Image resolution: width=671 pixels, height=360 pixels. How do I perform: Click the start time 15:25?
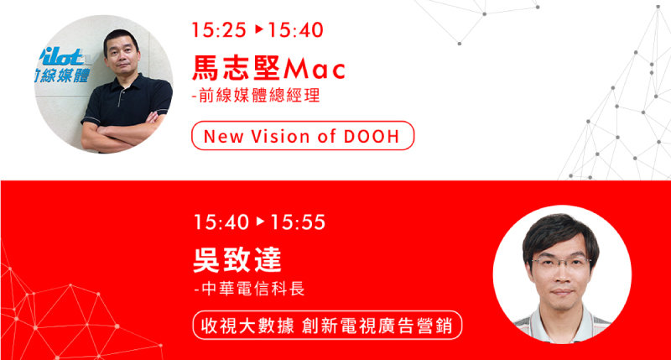[219, 30]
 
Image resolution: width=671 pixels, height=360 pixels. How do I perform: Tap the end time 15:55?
[298, 222]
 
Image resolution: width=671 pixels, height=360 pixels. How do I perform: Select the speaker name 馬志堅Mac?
[268, 69]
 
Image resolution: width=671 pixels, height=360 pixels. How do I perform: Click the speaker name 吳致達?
[237, 260]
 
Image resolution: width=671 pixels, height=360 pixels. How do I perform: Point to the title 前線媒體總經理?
[256, 96]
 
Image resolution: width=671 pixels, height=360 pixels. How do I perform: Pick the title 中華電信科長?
[249, 289]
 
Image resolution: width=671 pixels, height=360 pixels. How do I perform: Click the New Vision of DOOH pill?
[303, 136]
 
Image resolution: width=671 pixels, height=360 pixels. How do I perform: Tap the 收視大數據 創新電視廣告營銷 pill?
[327, 326]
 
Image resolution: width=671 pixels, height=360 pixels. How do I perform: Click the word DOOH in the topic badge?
[372, 137]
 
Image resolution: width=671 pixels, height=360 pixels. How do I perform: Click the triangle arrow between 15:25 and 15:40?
[259, 29]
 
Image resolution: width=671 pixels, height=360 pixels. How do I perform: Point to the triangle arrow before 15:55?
[260, 222]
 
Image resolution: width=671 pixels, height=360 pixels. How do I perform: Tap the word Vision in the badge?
[280, 137]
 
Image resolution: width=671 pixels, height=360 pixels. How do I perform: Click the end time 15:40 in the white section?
[295, 30]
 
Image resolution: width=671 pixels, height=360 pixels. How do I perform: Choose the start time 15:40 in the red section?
[221, 222]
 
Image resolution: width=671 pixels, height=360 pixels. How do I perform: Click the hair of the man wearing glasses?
[559, 233]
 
